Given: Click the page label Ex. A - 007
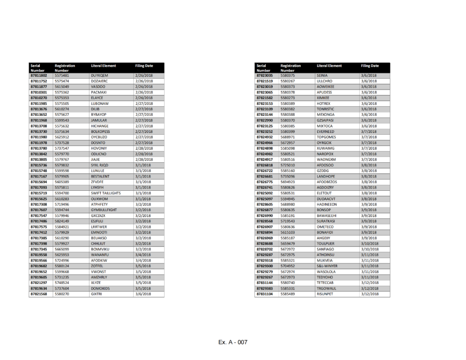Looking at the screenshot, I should click(x=233, y=342).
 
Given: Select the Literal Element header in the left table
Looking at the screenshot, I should click(x=103, y=66).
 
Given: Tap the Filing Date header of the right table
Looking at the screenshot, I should click(x=370, y=66).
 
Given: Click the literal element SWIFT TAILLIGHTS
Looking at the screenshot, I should click(x=106, y=193).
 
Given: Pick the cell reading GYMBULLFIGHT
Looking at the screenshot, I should click(x=104, y=210).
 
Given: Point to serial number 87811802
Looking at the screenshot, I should click(x=38, y=76).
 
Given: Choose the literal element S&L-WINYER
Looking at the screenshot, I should click(x=327, y=266).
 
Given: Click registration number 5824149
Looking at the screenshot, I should click(x=62, y=221).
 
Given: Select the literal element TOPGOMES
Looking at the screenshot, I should click(x=326, y=137).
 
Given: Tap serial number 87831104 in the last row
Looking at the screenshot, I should click(x=264, y=294).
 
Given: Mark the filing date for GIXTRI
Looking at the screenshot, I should click(x=143, y=294).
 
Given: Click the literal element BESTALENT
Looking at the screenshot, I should click(x=100, y=176).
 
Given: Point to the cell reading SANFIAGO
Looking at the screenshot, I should click(x=325, y=249).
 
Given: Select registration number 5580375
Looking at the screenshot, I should click(x=287, y=76).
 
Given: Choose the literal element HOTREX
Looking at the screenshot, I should click(x=323, y=104).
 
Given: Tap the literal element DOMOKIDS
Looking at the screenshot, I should click(x=100, y=288).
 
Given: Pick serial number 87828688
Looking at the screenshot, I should click(x=264, y=243).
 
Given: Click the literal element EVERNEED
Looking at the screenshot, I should click(x=325, y=132).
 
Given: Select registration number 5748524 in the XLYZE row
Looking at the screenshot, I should click(x=62, y=283).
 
